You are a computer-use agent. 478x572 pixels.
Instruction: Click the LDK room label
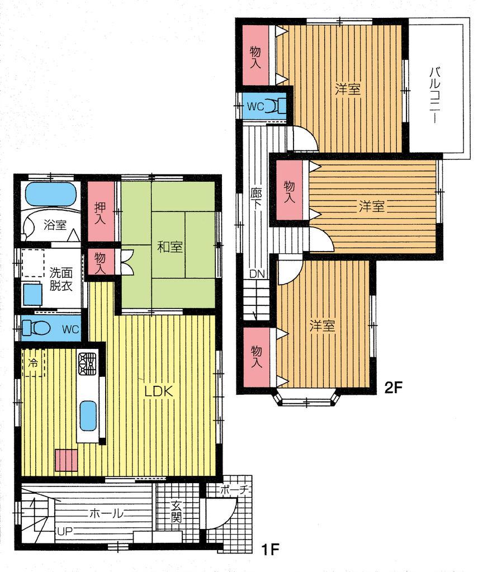coord(161,391)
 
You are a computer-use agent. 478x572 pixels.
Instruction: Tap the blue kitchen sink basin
coord(88,415)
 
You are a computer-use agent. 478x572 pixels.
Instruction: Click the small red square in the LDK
coord(66,460)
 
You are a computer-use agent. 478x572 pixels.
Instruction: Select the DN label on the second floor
coord(257,274)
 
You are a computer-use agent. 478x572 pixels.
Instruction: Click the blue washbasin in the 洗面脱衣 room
coord(32,293)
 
